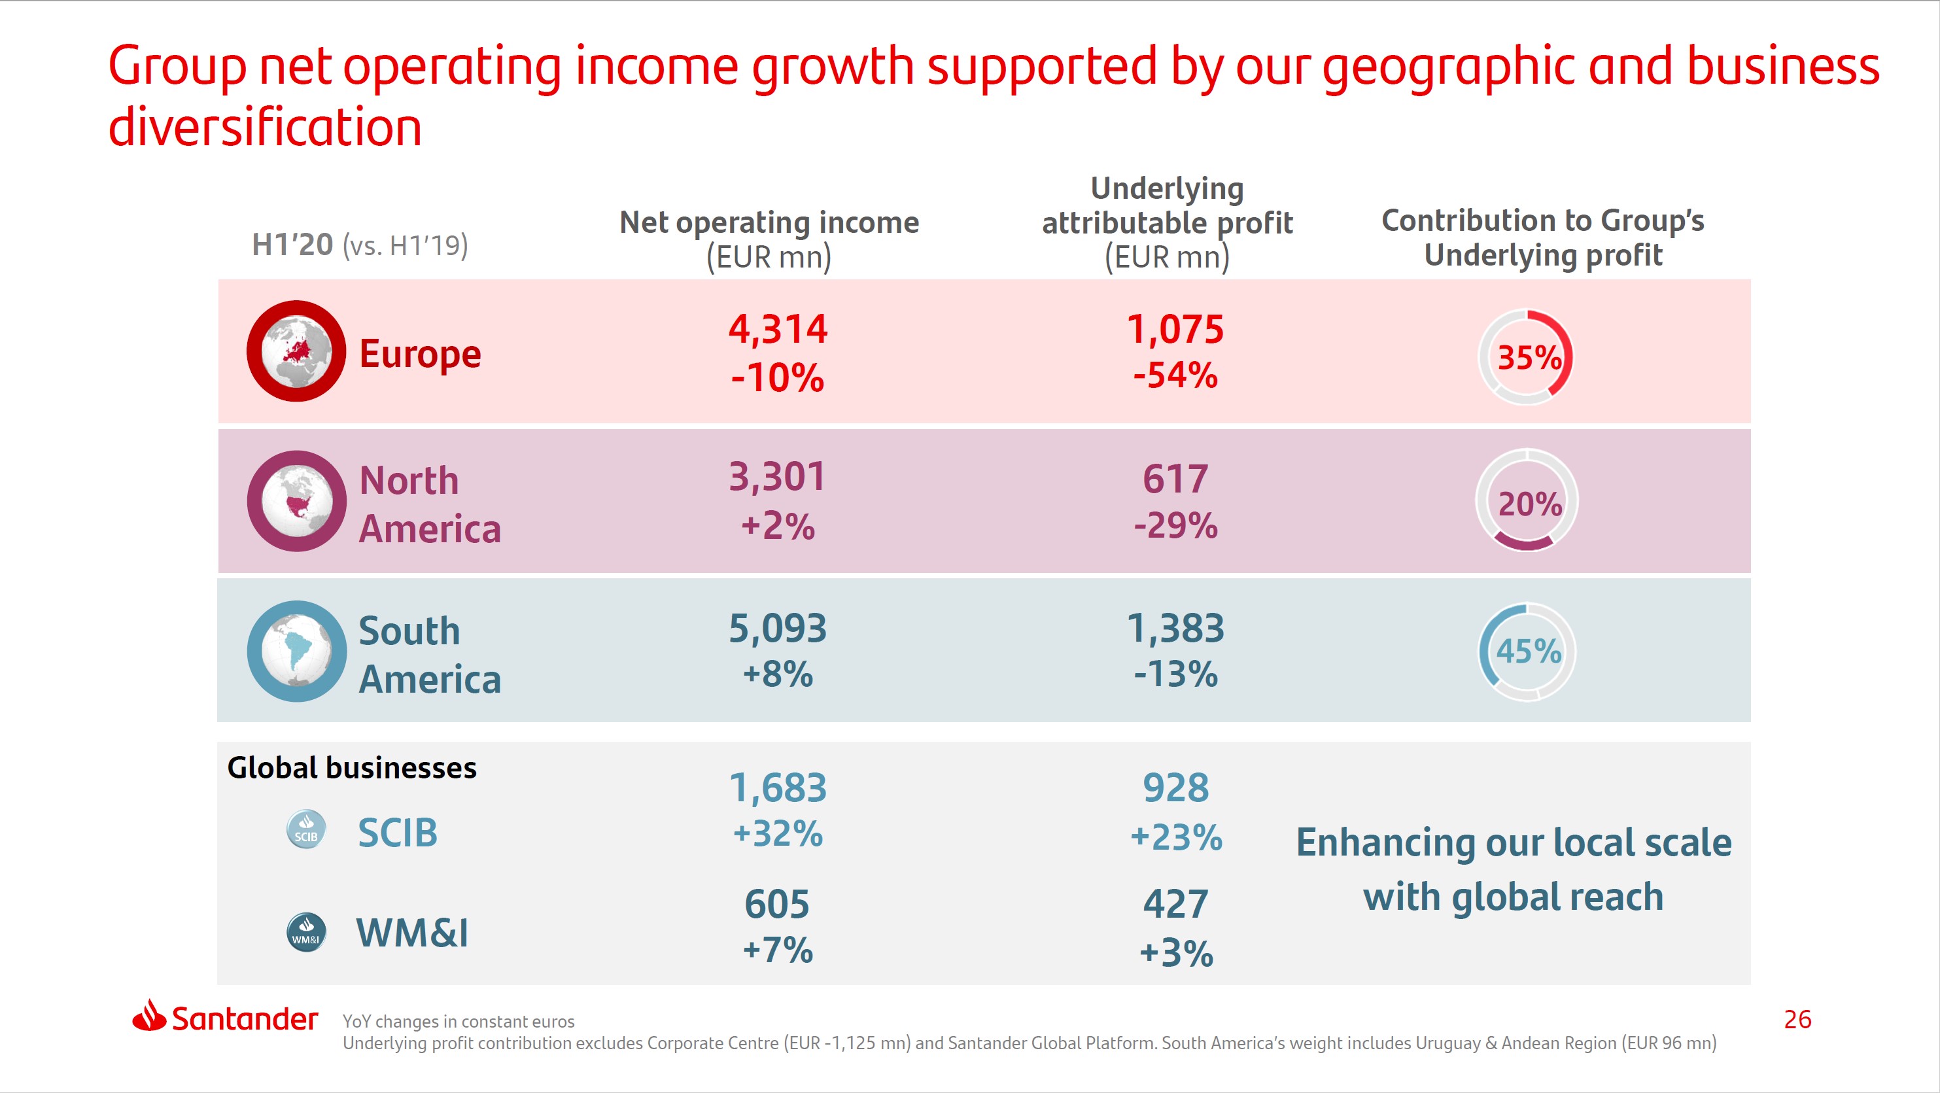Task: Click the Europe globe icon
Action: coord(296,351)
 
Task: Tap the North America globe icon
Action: coord(297,501)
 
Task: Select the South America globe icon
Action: coord(297,651)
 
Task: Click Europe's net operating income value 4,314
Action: coord(777,329)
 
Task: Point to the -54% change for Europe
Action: coord(1175,375)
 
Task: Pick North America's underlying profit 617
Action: coord(1175,479)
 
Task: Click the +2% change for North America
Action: coord(777,526)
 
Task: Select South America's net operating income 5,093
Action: coord(777,628)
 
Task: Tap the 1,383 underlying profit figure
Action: coord(1175,628)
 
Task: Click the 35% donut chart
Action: coord(1526,356)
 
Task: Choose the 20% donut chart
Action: coord(1527,501)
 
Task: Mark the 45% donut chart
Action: coord(1527,651)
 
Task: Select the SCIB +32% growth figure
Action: coord(777,834)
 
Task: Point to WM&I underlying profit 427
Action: coord(1175,904)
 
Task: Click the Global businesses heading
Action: coord(352,768)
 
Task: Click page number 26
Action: coord(1797,1019)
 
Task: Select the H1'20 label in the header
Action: coord(292,245)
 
